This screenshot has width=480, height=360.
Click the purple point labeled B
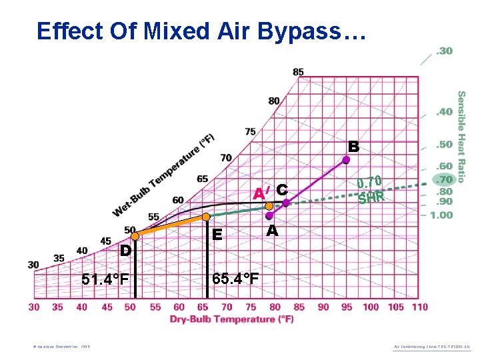[346, 159]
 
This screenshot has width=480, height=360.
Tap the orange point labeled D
[135, 235]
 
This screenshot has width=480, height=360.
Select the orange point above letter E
[207, 217]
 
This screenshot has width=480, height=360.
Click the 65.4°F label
[235, 278]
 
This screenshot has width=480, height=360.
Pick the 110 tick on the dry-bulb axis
[419, 307]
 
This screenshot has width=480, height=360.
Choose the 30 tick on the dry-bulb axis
[34, 307]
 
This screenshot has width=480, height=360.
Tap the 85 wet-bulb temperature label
[298, 72]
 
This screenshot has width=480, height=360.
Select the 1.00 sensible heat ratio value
[441, 215]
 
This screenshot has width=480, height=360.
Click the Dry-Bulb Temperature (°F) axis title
[231, 319]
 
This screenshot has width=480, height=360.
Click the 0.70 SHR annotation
[369, 189]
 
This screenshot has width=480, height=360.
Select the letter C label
[281, 190]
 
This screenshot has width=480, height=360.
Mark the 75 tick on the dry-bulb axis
[251, 307]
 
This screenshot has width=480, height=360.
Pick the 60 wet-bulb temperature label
[178, 200]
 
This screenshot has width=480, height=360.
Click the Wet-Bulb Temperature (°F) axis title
[163, 175]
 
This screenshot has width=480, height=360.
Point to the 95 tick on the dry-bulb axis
[347, 307]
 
